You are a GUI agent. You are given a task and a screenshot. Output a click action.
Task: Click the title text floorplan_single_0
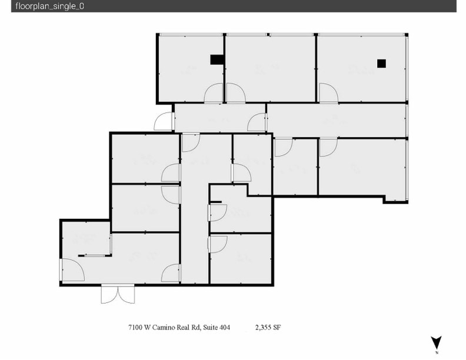(41, 6)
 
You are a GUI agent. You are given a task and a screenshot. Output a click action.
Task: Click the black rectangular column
(217, 59)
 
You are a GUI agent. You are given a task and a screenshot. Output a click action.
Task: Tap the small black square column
(381, 63)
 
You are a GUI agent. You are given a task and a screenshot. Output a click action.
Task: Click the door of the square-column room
(327, 93)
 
